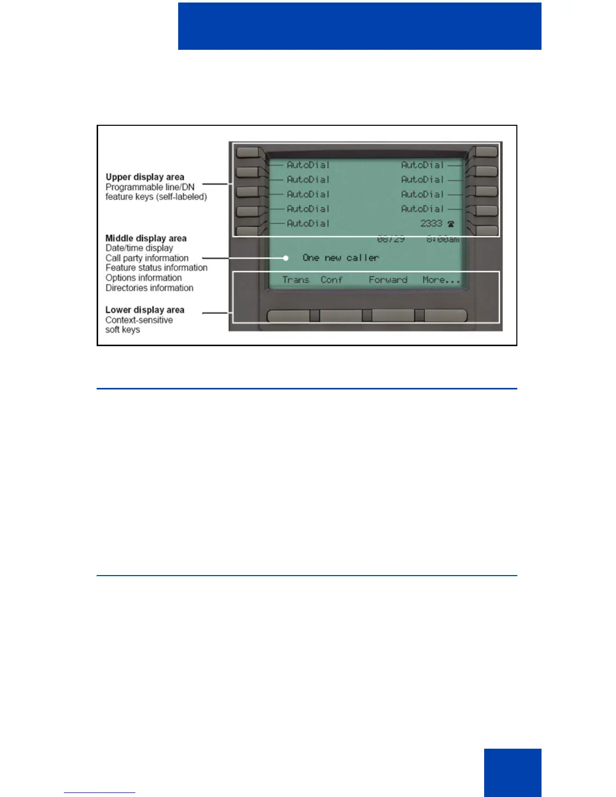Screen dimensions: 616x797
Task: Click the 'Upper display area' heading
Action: (x=145, y=177)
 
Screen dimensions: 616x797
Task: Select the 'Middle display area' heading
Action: (x=146, y=238)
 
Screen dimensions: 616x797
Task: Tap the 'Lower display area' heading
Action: (x=145, y=310)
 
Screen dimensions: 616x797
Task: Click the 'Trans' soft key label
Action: (x=295, y=280)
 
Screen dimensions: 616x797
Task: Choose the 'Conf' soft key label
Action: (x=332, y=280)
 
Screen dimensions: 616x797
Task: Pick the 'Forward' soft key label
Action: (x=388, y=280)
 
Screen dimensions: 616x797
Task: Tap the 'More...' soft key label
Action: (x=441, y=280)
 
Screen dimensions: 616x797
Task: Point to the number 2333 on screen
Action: (x=431, y=223)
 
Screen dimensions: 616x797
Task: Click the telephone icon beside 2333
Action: (x=451, y=224)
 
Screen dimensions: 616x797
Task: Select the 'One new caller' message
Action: (x=341, y=258)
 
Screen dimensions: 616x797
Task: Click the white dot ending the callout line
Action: (x=286, y=258)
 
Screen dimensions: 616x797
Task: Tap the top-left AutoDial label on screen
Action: (x=308, y=165)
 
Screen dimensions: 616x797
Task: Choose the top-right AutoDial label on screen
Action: (x=422, y=165)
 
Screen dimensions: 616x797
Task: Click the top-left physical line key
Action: (x=248, y=152)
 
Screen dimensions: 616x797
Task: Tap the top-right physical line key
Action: (x=486, y=152)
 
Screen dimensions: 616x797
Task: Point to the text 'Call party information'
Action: (x=147, y=258)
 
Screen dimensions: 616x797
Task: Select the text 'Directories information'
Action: (x=149, y=288)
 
